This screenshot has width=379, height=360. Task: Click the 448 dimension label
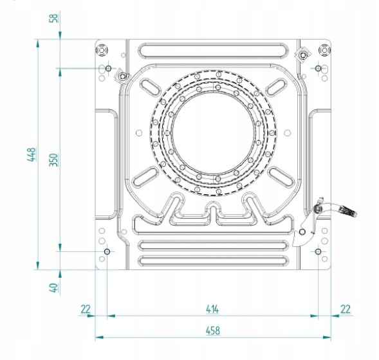coord(32,154)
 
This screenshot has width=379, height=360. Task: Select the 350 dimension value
coord(54,160)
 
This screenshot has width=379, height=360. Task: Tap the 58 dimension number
coord(54,18)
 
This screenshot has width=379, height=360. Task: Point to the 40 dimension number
coord(54,287)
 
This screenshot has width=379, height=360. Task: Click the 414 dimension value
coord(212,309)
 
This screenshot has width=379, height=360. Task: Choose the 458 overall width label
coord(213,330)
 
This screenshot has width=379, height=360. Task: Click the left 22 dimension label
coord(86,309)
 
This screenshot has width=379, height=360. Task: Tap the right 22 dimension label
coord(346,309)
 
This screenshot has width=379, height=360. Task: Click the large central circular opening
coord(213,132)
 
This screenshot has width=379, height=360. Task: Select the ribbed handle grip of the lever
coord(348,211)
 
